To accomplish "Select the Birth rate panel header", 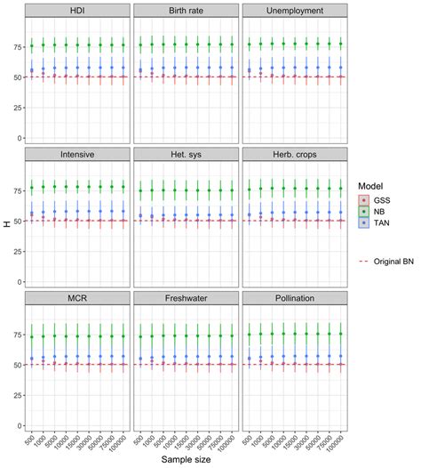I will (x=184, y=11).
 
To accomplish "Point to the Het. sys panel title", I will (x=184, y=154).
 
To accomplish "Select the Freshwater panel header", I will (x=184, y=297).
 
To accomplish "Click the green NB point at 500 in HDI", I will (x=33, y=45).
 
